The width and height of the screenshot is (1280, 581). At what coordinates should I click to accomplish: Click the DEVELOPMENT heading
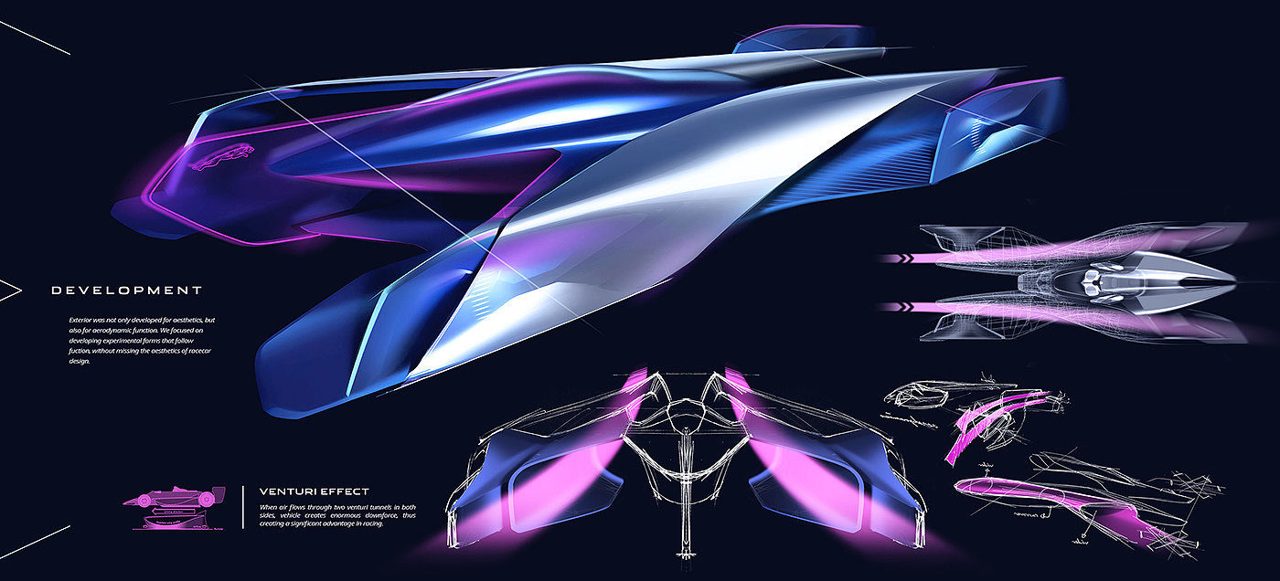tap(126, 290)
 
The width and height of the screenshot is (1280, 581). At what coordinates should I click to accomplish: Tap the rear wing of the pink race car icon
tap(219, 492)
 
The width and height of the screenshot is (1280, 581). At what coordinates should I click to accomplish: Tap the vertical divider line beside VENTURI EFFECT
tap(242, 506)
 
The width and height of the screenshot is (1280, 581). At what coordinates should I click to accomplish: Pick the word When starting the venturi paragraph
tap(269, 506)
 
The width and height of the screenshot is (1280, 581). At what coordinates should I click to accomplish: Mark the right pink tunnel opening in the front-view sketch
tap(805, 475)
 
